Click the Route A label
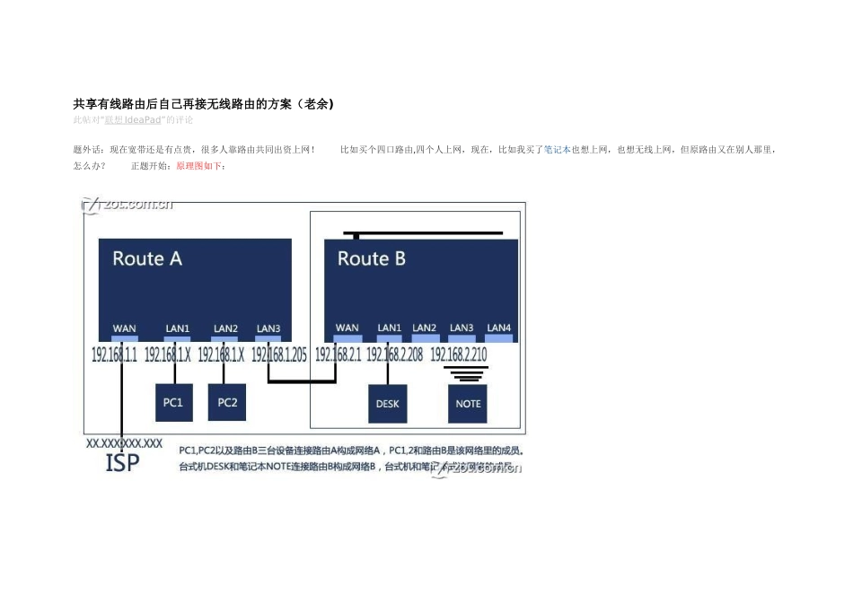tap(147, 259)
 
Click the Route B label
tap(371, 259)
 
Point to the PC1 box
tap(173, 403)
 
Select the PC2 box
tap(227, 403)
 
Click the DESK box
tap(388, 404)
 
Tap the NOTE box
tap(468, 404)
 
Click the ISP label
tap(123, 463)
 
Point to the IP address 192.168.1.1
tap(114, 355)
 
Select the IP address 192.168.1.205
tap(279, 355)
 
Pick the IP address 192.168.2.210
tap(459, 355)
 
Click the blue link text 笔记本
tap(558, 151)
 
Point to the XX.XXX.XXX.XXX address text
tap(124, 443)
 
